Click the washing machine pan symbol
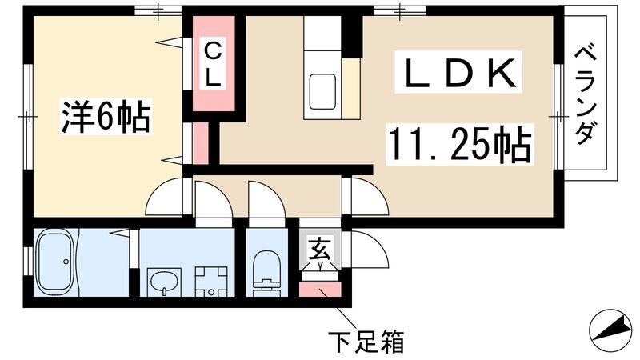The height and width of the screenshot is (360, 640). point(210,280)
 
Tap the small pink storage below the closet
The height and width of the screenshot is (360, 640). point(200,142)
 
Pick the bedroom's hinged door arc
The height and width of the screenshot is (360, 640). point(166,198)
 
